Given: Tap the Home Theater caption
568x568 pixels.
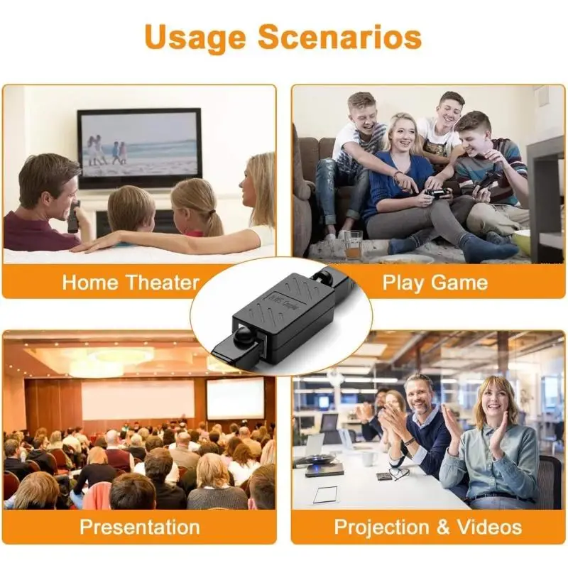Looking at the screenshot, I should pyautogui.click(x=131, y=282).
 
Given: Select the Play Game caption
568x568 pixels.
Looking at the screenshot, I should pyautogui.click(x=435, y=282).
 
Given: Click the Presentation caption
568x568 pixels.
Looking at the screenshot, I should pyautogui.click(x=139, y=527).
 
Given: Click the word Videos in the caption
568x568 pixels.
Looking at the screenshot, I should pyautogui.click(x=490, y=527).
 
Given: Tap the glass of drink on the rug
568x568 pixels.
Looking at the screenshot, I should pyautogui.click(x=353, y=244).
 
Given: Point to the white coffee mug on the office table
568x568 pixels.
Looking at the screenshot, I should pyautogui.click(x=368, y=459).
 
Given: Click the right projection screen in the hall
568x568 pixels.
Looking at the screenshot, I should pyautogui.click(x=235, y=398).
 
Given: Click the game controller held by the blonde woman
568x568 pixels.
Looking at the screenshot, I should pyautogui.click(x=435, y=192).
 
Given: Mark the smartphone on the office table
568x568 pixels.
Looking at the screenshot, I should pyautogui.click(x=383, y=476).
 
